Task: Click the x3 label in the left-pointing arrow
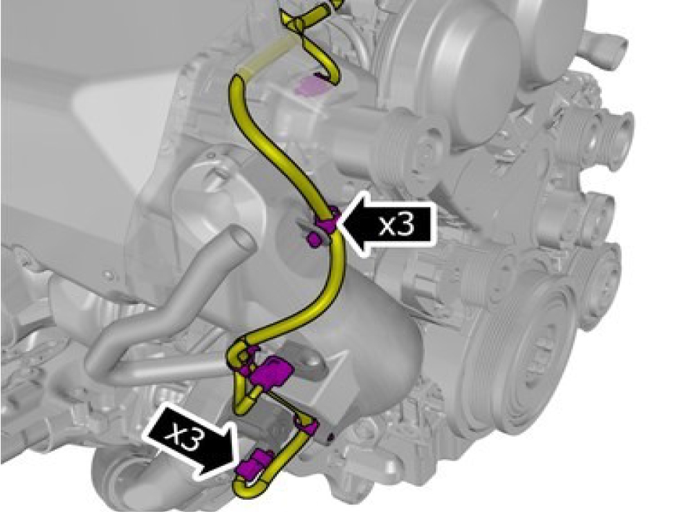(396, 225)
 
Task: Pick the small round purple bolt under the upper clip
(313, 240)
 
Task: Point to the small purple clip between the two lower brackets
(307, 426)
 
